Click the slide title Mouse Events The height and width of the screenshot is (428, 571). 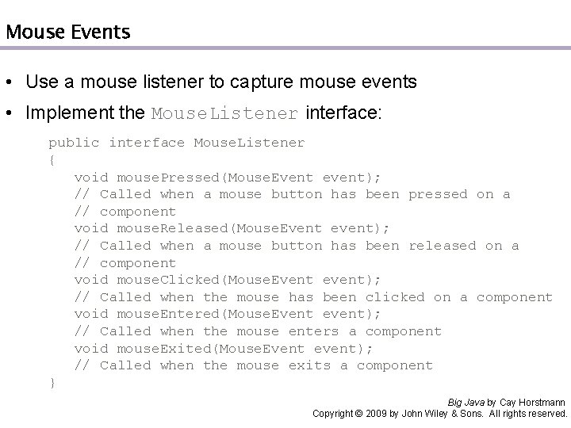click(x=67, y=32)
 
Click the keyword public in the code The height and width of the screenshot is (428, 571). click(x=74, y=143)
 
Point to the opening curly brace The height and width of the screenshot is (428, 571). click(x=52, y=160)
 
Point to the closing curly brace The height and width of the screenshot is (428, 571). click(x=52, y=382)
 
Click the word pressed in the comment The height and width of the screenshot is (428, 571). click(x=438, y=194)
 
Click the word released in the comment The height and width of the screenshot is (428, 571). click(x=442, y=246)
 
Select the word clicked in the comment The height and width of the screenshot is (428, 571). click(x=395, y=297)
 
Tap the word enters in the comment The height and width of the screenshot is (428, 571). click(x=313, y=331)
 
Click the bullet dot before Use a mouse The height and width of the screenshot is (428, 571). click(x=9, y=82)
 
